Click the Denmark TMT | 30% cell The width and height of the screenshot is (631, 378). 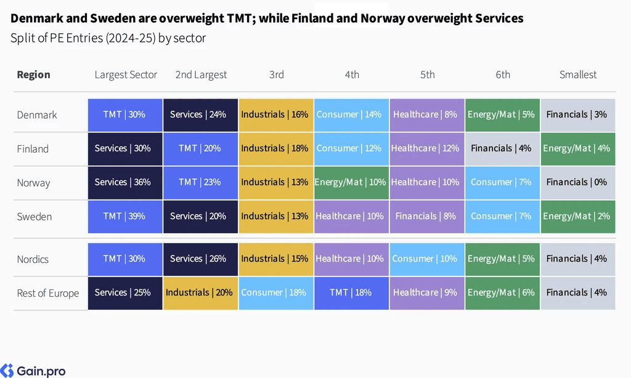[125, 115]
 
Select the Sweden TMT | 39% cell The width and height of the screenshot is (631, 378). [125, 217]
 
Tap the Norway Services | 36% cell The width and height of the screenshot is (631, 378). [125, 183]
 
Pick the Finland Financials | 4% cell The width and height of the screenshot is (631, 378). [502, 149]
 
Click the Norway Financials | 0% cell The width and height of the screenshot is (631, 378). [578, 183]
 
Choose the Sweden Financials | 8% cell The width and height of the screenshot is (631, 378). [427, 217]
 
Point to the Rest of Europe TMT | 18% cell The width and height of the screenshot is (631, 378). [351, 293]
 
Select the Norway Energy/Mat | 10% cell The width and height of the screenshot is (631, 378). [351, 183]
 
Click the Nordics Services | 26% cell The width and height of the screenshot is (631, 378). [200, 259]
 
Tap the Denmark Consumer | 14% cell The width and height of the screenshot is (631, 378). [351, 115]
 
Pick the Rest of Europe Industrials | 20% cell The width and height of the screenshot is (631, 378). [200, 293]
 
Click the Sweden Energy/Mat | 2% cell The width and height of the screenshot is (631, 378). [578, 217]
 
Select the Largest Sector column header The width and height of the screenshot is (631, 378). [126, 74]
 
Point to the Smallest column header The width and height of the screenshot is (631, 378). [578, 74]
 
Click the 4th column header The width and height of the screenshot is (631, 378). [352, 74]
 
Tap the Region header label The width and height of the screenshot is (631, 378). [33, 74]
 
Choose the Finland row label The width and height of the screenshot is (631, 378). [33, 149]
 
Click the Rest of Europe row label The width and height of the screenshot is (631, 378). [48, 293]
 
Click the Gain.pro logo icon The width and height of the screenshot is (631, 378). [7, 371]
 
